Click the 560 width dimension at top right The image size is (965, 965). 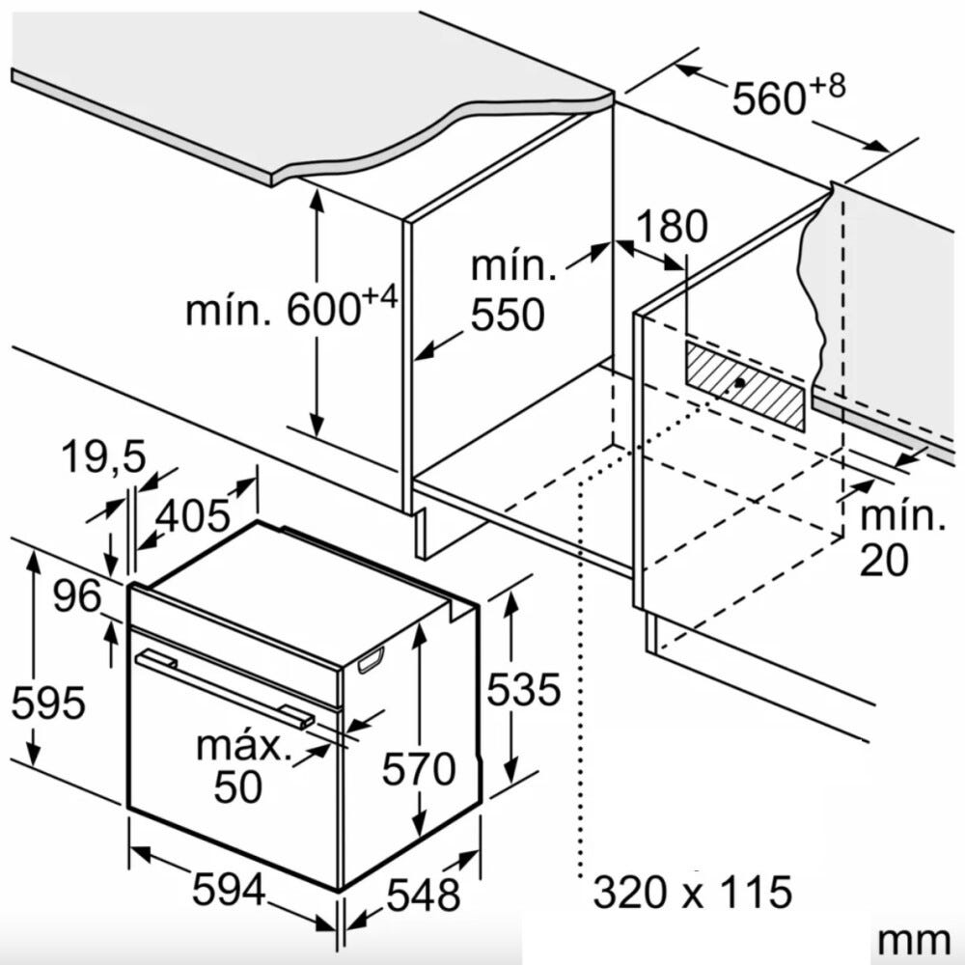point(788,95)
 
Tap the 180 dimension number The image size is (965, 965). point(672,226)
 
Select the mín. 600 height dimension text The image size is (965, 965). point(291,307)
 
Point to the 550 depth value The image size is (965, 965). point(508,315)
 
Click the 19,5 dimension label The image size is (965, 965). point(103,457)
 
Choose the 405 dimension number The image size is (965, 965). point(193,515)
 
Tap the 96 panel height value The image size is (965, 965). point(77,595)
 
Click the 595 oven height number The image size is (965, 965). point(48,703)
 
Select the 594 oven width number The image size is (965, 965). point(229,890)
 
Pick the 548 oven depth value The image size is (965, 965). point(424,895)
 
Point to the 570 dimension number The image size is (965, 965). point(419,769)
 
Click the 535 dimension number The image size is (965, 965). point(524,689)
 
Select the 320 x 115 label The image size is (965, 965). point(692,892)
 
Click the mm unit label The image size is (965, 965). point(914,941)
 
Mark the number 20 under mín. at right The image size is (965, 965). point(883,560)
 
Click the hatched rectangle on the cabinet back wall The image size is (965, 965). point(745,386)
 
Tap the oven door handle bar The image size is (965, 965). point(225,689)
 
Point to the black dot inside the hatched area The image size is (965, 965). point(740,383)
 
